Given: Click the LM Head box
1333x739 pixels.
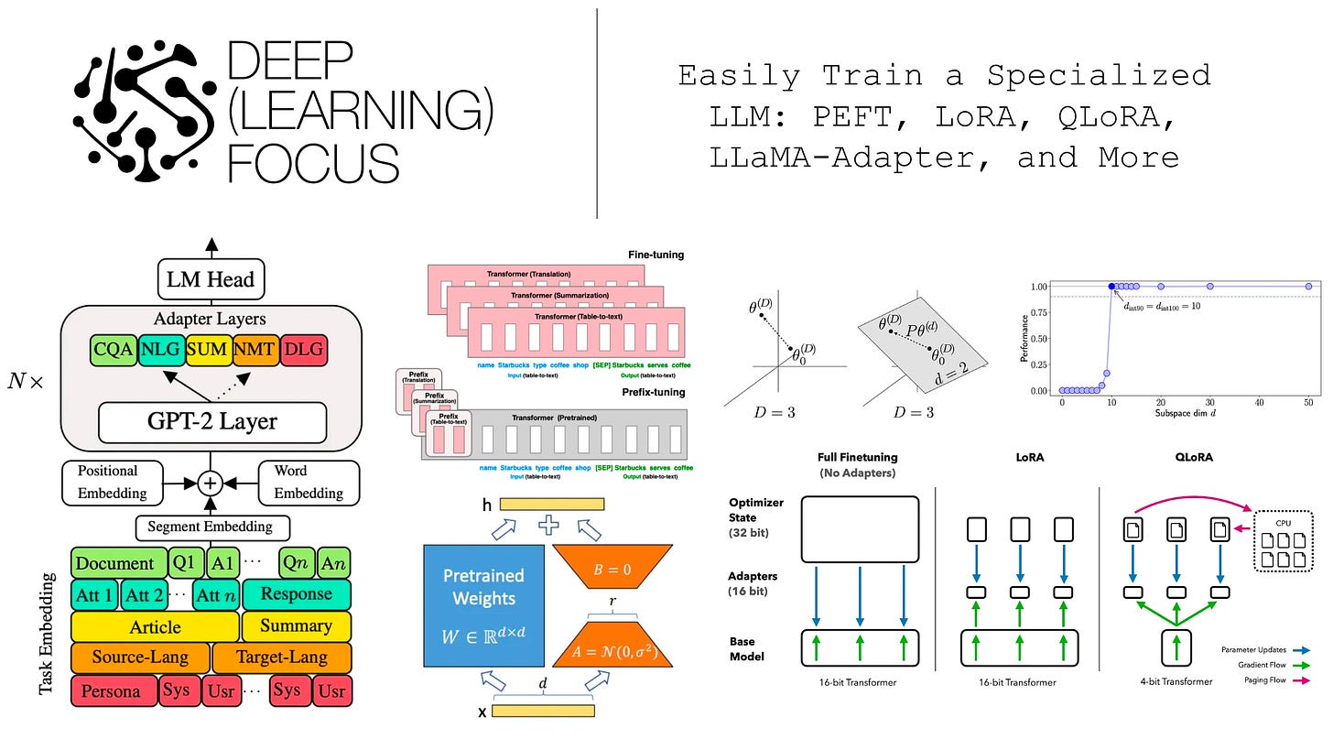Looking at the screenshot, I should click(x=211, y=280).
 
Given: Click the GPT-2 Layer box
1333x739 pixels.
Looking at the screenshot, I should click(x=212, y=422).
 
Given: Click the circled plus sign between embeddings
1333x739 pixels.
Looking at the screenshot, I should click(x=211, y=483).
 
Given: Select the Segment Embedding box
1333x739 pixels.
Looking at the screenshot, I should click(x=211, y=527).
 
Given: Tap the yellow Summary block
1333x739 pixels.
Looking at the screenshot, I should click(x=297, y=626).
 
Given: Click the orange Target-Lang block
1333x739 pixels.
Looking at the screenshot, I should click(x=282, y=657).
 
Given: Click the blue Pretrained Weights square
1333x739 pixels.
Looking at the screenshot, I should click(x=483, y=604).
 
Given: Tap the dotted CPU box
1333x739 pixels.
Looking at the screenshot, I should click(x=1285, y=539).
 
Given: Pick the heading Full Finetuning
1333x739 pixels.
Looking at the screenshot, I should click(x=858, y=457).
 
